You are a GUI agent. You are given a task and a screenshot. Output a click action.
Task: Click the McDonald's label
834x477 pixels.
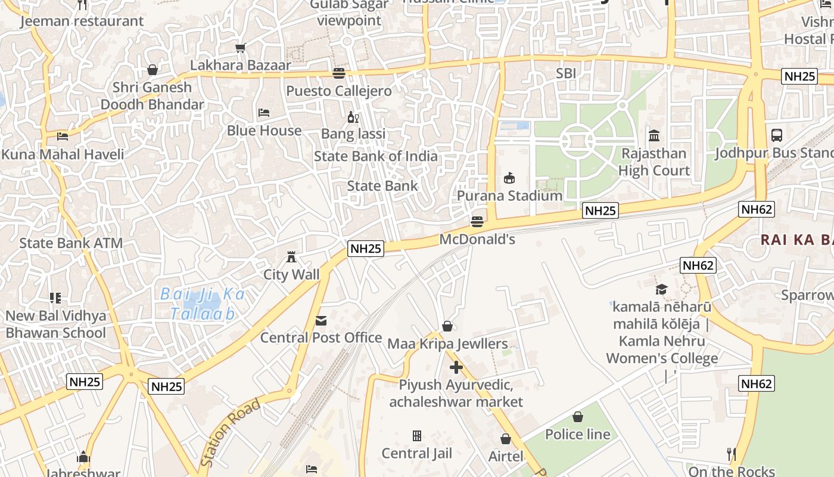pos(477,239)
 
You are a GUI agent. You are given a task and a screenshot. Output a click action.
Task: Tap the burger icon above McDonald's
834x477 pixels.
pos(477,222)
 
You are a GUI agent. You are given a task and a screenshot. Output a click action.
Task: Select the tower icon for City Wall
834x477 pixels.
pos(291,257)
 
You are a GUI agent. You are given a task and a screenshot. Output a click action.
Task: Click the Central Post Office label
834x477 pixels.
pos(321,337)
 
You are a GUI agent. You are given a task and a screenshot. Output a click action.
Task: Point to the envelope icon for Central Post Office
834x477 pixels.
pos(321,321)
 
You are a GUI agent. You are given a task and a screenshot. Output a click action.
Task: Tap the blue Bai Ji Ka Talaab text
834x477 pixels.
pos(203,303)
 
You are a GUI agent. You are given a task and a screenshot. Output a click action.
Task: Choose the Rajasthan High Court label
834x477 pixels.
pos(653,162)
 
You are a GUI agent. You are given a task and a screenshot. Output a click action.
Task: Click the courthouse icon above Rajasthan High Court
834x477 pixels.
pos(654,136)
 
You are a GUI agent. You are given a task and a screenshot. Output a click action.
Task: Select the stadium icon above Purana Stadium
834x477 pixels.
pos(509,178)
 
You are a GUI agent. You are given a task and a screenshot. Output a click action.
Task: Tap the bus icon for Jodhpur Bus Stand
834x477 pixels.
pos(777,135)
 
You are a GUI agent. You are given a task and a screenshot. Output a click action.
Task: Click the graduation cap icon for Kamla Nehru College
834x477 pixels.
pos(661,290)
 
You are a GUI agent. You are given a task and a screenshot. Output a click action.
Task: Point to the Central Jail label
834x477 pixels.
pos(417,453)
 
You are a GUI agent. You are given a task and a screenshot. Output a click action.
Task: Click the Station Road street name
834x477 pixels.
pos(230,433)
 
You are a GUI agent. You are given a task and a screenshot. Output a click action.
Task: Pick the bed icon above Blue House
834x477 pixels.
pos(264,113)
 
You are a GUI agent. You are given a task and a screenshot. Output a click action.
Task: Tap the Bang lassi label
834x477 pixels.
pos(353,134)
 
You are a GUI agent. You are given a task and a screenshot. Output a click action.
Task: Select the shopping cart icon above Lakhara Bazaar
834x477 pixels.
pos(240,48)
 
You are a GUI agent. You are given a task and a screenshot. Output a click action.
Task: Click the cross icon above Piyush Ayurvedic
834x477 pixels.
pos(456,367)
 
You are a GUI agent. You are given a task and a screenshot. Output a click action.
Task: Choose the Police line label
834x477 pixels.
pos(578,434)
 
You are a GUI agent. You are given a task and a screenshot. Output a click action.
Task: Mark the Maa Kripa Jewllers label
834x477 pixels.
pos(447,343)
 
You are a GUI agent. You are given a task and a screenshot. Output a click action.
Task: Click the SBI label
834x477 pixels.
pos(565,73)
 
